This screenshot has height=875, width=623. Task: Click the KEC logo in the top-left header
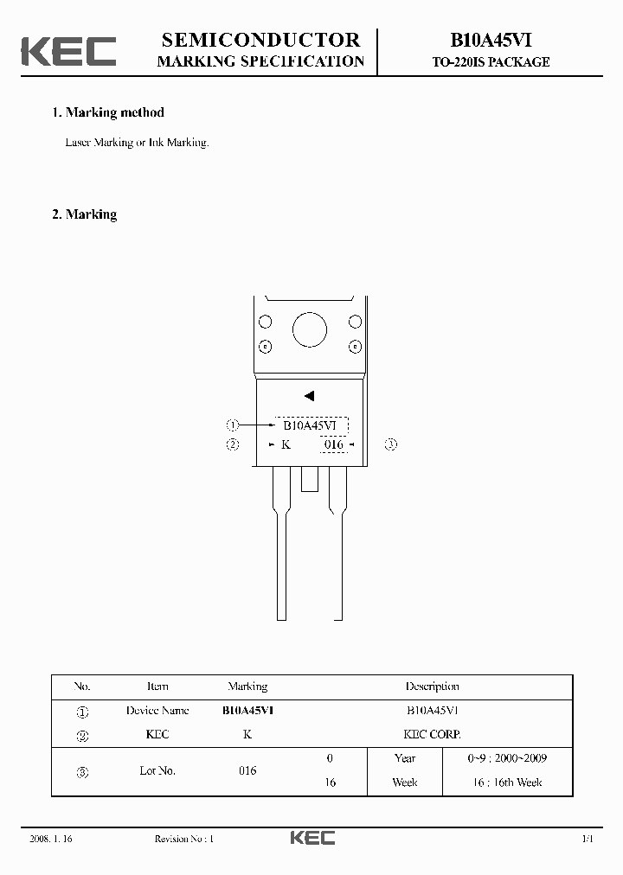pyautogui.click(x=68, y=51)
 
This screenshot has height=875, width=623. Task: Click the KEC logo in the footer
pyautogui.click(x=311, y=838)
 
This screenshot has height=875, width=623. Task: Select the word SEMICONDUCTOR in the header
pyautogui.click(x=260, y=40)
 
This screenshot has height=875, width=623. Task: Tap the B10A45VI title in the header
pyautogui.click(x=491, y=41)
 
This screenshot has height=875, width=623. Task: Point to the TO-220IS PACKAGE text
pyautogui.click(x=491, y=62)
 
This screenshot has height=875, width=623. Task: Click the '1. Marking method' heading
pyautogui.click(x=108, y=112)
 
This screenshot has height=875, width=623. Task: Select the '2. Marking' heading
pyautogui.click(x=85, y=214)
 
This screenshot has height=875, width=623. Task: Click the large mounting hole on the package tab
pyautogui.click(x=309, y=330)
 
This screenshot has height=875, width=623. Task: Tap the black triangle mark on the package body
pyautogui.click(x=309, y=396)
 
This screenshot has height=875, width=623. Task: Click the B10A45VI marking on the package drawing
pyautogui.click(x=311, y=425)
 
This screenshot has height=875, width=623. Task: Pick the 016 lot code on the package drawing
pyautogui.click(x=334, y=444)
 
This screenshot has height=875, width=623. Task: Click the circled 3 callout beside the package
pyautogui.click(x=390, y=444)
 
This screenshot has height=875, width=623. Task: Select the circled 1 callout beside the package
pyautogui.click(x=232, y=425)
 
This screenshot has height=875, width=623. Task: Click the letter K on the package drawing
pyautogui.click(x=286, y=444)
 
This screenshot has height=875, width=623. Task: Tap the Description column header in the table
pyautogui.click(x=432, y=687)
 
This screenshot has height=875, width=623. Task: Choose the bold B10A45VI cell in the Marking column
pyautogui.click(x=247, y=710)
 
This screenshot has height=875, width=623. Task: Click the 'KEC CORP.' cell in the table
pyautogui.click(x=432, y=734)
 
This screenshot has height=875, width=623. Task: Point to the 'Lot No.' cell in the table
pyautogui.click(x=157, y=770)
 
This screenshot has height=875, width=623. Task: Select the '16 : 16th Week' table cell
pyautogui.click(x=506, y=782)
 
